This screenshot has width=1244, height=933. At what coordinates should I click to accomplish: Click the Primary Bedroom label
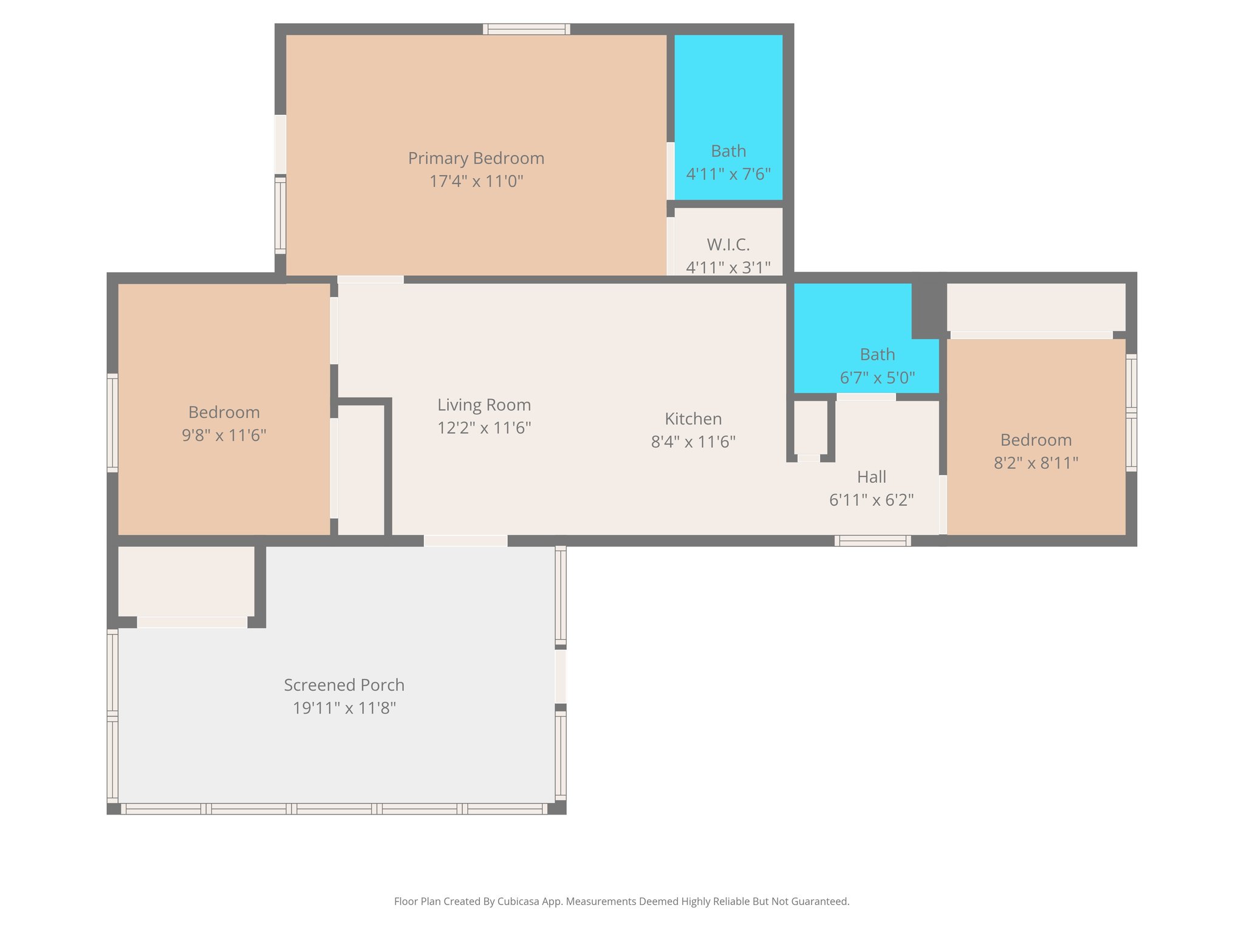[x=476, y=159]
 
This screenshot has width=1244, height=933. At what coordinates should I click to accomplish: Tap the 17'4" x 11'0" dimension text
[x=476, y=182]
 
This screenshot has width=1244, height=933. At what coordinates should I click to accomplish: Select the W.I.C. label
[x=728, y=245]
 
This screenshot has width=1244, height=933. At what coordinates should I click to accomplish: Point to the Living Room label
[x=484, y=405]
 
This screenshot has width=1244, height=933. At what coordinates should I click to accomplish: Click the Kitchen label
[x=692, y=419]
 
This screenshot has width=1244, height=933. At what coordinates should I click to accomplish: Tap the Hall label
[x=871, y=477]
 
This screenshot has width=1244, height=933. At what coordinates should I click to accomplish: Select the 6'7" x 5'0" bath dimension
[x=877, y=378]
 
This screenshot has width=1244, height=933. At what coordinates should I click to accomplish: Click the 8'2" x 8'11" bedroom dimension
[x=1035, y=463]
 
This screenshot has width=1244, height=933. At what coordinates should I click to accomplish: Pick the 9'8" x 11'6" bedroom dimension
[x=224, y=436]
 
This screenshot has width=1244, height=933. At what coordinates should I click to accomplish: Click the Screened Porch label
[x=344, y=685]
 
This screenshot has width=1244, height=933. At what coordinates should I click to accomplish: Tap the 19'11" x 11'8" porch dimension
[x=344, y=708]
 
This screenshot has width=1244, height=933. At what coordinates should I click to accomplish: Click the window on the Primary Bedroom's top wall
[x=526, y=29]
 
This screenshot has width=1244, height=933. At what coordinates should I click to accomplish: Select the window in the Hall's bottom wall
[x=872, y=541]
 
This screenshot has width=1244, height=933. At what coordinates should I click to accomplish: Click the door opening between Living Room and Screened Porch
[x=465, y=541]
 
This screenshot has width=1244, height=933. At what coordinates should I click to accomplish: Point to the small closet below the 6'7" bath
[x=810, y=427]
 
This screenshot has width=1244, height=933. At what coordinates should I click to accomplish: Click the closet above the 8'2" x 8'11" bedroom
[x=1035, y=307]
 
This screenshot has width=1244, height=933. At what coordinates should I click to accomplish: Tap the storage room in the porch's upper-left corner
[x=186, y=581]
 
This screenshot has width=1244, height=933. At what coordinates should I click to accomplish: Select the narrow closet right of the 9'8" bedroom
[x=360, y=470]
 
